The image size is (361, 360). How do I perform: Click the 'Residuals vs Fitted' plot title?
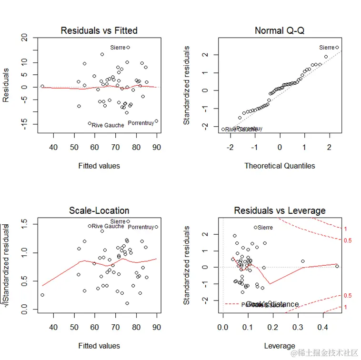[99, 30]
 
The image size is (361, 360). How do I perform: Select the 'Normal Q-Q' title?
[280, 30]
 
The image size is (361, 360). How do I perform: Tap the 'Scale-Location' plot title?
[99, 210]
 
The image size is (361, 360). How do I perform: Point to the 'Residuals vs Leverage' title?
[280, 210]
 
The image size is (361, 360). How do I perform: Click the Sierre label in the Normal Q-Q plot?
[327, 48]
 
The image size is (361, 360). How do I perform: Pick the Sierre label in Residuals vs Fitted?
[118, 48]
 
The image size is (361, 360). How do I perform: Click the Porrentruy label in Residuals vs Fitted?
[141, 123]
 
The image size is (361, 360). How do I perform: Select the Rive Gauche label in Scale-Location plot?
[108, 226]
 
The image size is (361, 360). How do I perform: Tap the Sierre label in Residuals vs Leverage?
[265, 228]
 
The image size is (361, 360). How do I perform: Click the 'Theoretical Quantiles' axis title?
[280, 166]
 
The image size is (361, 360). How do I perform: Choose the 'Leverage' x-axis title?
[280, 346]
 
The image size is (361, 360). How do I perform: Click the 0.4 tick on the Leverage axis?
[322, 328]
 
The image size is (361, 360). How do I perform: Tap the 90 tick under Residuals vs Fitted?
[157, 147]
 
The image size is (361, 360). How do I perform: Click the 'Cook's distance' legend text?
[273, 304]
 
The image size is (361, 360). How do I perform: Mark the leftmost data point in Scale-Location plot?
[42, 295]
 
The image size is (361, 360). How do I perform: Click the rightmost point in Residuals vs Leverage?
[337, 266]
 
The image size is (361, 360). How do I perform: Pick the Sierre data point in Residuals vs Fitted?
[128, 47]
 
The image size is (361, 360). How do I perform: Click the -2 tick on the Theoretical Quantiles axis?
[231, 148]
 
